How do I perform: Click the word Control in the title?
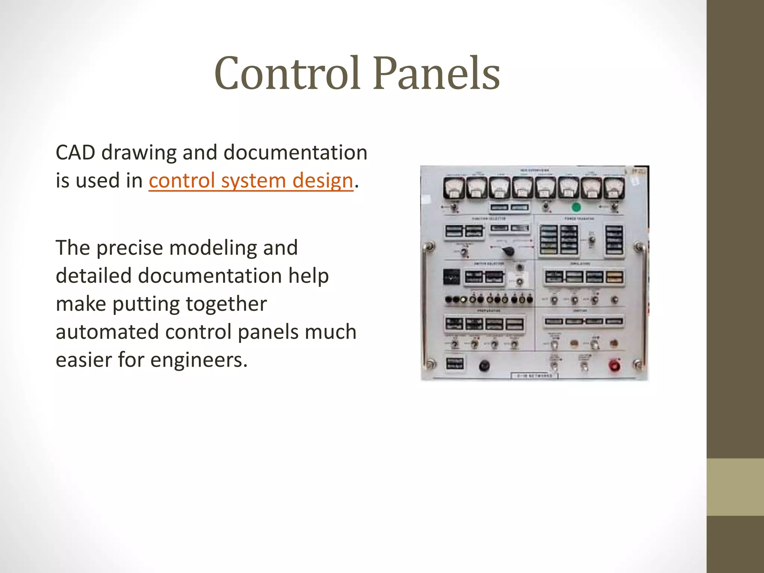[288, 73]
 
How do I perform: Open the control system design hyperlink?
[251, 181]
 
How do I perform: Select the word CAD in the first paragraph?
[75, 153]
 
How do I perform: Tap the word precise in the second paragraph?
[129, 248]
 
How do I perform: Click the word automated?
[107, 332]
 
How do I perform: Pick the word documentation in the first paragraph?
[295, 153]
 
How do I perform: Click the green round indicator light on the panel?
[576, 207]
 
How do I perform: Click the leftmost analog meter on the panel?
[454, 188]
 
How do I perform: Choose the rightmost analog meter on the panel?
[614, 188]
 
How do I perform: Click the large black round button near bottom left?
[484, 366]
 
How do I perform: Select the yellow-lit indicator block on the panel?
[614, 277]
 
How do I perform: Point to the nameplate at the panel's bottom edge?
[534, 376]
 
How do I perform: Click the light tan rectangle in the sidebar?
[735, 487]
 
